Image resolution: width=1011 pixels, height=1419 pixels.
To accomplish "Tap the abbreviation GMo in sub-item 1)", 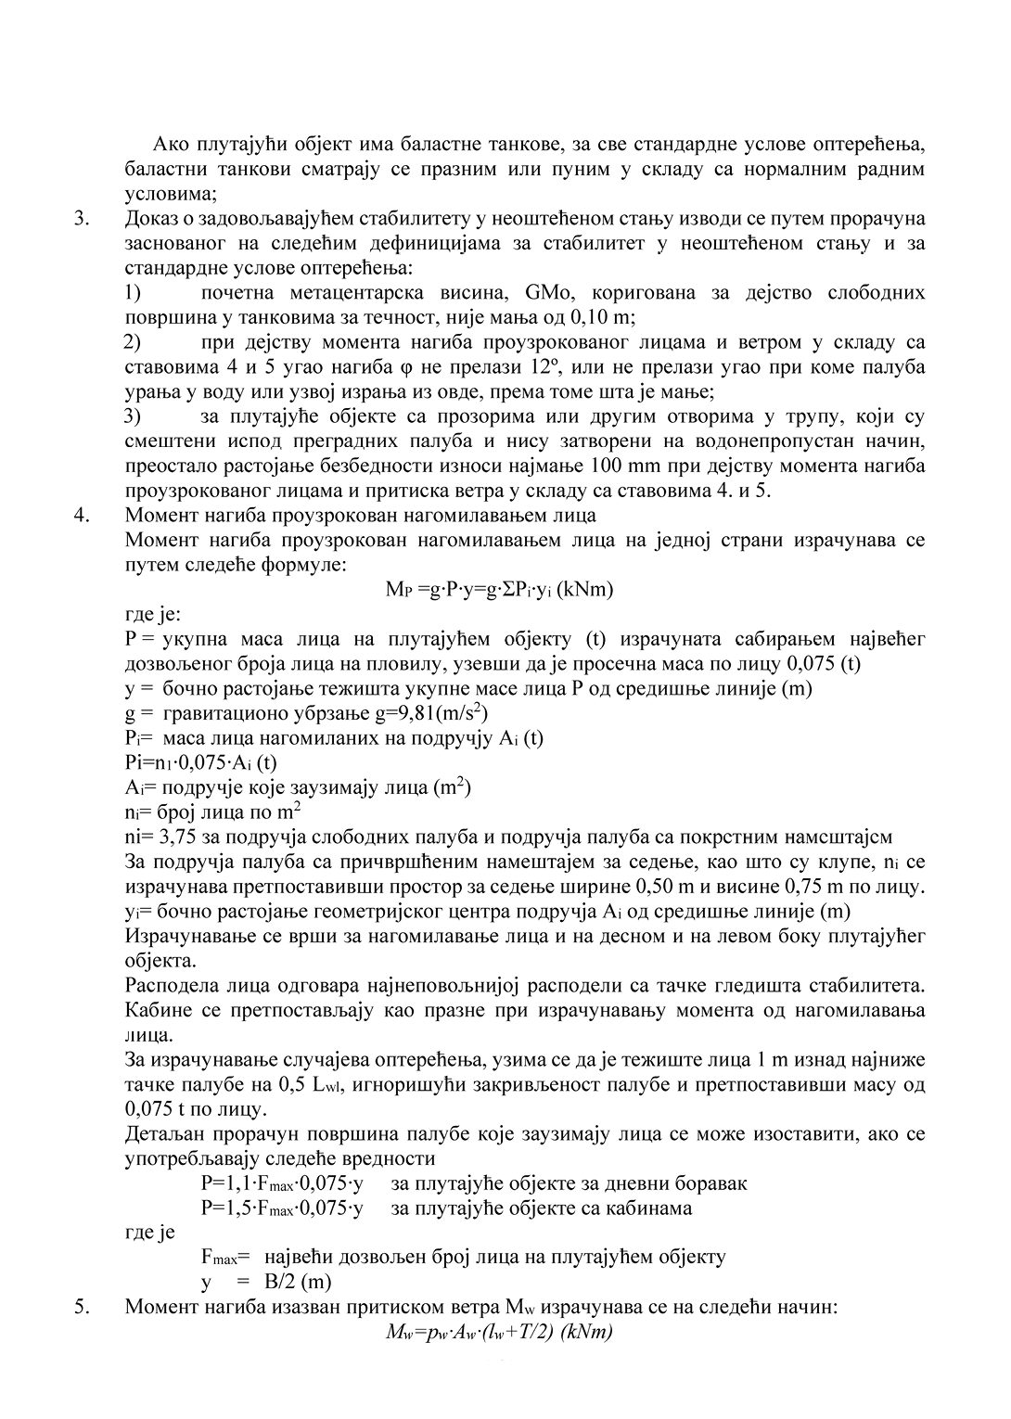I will click(x=555, y=293).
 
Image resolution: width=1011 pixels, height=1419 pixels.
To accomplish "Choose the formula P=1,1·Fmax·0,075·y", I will click(x=281, y=1183).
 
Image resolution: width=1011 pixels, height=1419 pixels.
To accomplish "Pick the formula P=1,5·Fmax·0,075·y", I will click(x=281, y=1208).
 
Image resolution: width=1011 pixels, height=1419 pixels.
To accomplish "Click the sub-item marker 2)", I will click(x=133, y=342).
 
